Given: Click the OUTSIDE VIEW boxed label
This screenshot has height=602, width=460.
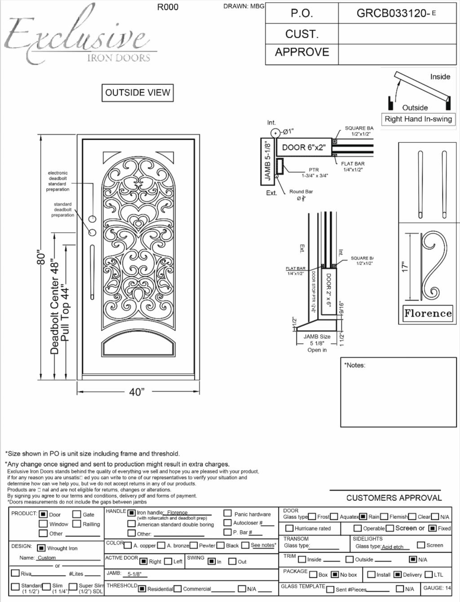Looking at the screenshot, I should (137, 93).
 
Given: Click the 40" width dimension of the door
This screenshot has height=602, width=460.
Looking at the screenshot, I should (137, 392).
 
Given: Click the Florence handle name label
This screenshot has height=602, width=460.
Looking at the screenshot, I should (427, 313).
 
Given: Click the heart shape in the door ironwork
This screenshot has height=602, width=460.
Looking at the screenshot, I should (138, 220).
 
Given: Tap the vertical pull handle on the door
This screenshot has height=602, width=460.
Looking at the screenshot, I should (92, 272).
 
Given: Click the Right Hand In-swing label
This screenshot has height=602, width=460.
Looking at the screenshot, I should (418, 119).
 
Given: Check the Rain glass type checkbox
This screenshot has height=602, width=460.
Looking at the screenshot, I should (363, 517).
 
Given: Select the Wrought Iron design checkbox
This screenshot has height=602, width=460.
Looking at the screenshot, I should (41, 548).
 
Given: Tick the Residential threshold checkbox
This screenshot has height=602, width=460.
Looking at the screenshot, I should (142, 589).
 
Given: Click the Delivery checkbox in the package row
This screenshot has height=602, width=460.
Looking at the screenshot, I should (397, 574).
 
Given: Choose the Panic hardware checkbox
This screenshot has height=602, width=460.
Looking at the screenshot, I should (228, 513).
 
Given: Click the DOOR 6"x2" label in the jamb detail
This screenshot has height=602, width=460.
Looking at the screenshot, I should (304, 147).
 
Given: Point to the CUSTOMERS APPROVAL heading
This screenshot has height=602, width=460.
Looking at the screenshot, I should (394, 498).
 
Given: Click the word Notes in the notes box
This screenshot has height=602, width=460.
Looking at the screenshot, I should (355, 365).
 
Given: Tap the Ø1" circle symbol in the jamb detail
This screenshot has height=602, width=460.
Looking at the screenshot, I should (275, 133).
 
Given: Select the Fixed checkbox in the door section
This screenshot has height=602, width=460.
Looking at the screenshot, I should (432, 528).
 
